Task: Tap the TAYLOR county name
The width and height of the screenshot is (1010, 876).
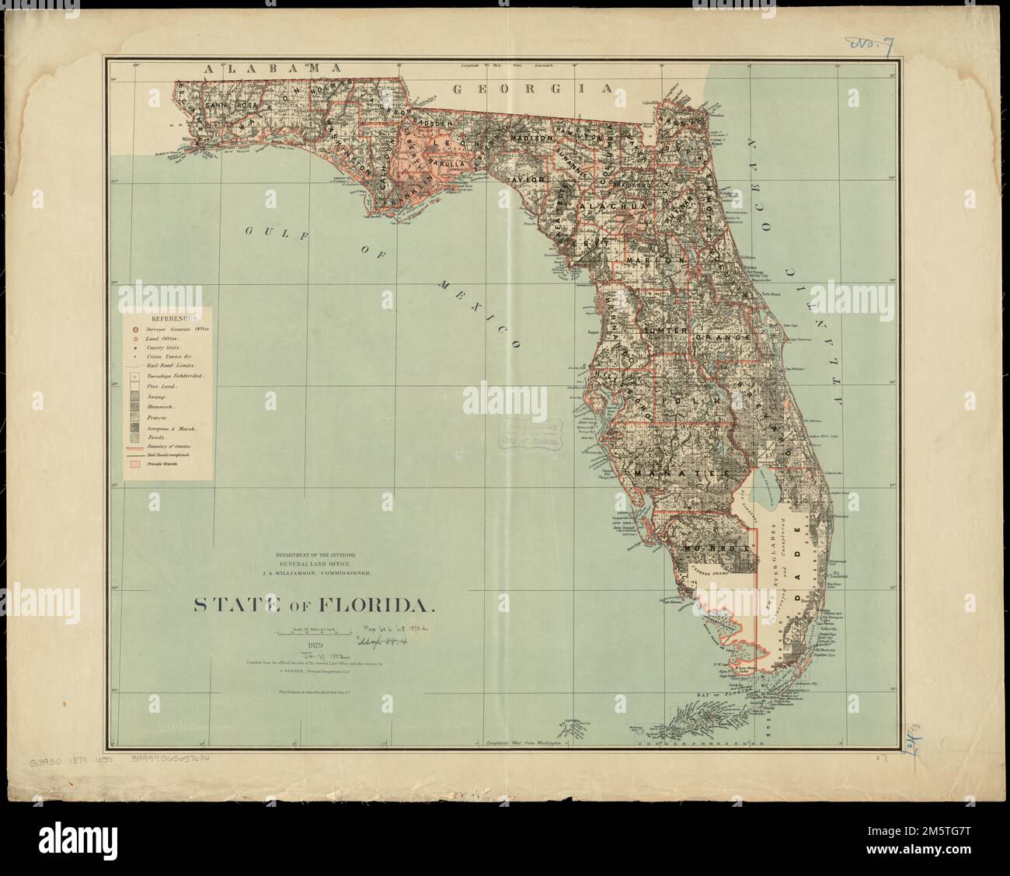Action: pyautogui.click(x=524, y=179)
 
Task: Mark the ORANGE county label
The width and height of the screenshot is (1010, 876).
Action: pyautogui.click(x=724, y=339)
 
